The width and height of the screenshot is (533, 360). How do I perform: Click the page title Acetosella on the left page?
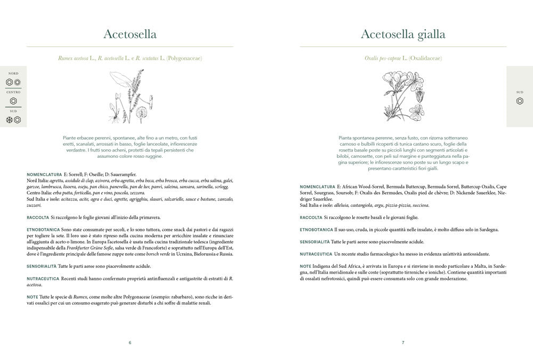point(130,35)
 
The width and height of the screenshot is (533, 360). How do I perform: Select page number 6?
point(130,342)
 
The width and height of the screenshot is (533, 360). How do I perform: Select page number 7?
point(403,342)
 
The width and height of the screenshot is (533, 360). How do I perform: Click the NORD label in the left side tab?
point(13,73)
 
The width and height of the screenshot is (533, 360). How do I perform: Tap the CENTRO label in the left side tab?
point(13,92)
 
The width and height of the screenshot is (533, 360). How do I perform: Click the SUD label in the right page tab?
point(520,92)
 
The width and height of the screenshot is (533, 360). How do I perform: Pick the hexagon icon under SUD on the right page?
point(520,101)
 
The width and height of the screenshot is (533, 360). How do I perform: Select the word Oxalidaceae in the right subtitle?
point(425,58)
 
